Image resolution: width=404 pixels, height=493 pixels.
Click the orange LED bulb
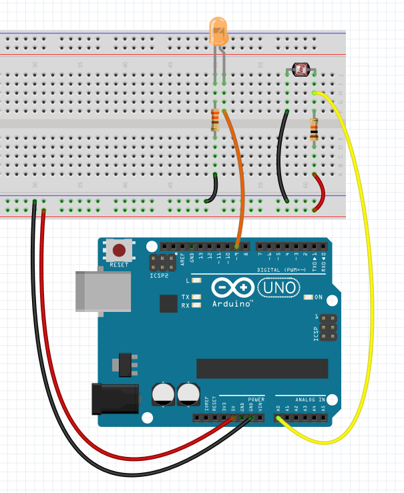pyautogui.click(x=218, y=31)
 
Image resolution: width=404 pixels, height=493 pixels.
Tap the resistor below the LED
pyautogui.click(x=215, y=120)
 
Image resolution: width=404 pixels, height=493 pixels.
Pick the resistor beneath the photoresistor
pyautogui.click(x=313, y=128)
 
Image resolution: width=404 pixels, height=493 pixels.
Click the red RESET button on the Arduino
pyautogui.click(x=119, y=251)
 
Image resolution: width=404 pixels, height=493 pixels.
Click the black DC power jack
pyautogui.click(x=115, y=398)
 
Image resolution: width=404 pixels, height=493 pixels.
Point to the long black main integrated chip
pyautogui.click(x=262, y=368)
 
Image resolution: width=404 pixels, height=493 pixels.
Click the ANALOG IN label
pyautogui.click(x=311, y=399)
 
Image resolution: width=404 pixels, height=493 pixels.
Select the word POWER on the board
pyautogui.click(x=256, y=399)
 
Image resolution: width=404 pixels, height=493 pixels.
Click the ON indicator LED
pyautogui.click(x=308, y=297)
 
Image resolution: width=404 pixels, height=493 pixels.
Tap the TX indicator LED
pyautogui.click(x=196, y=297)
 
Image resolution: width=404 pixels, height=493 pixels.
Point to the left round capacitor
pyautogui.click(x=163, y=393)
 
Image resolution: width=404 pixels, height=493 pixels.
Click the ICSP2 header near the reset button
pyautogui.click(x=160, y=262)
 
